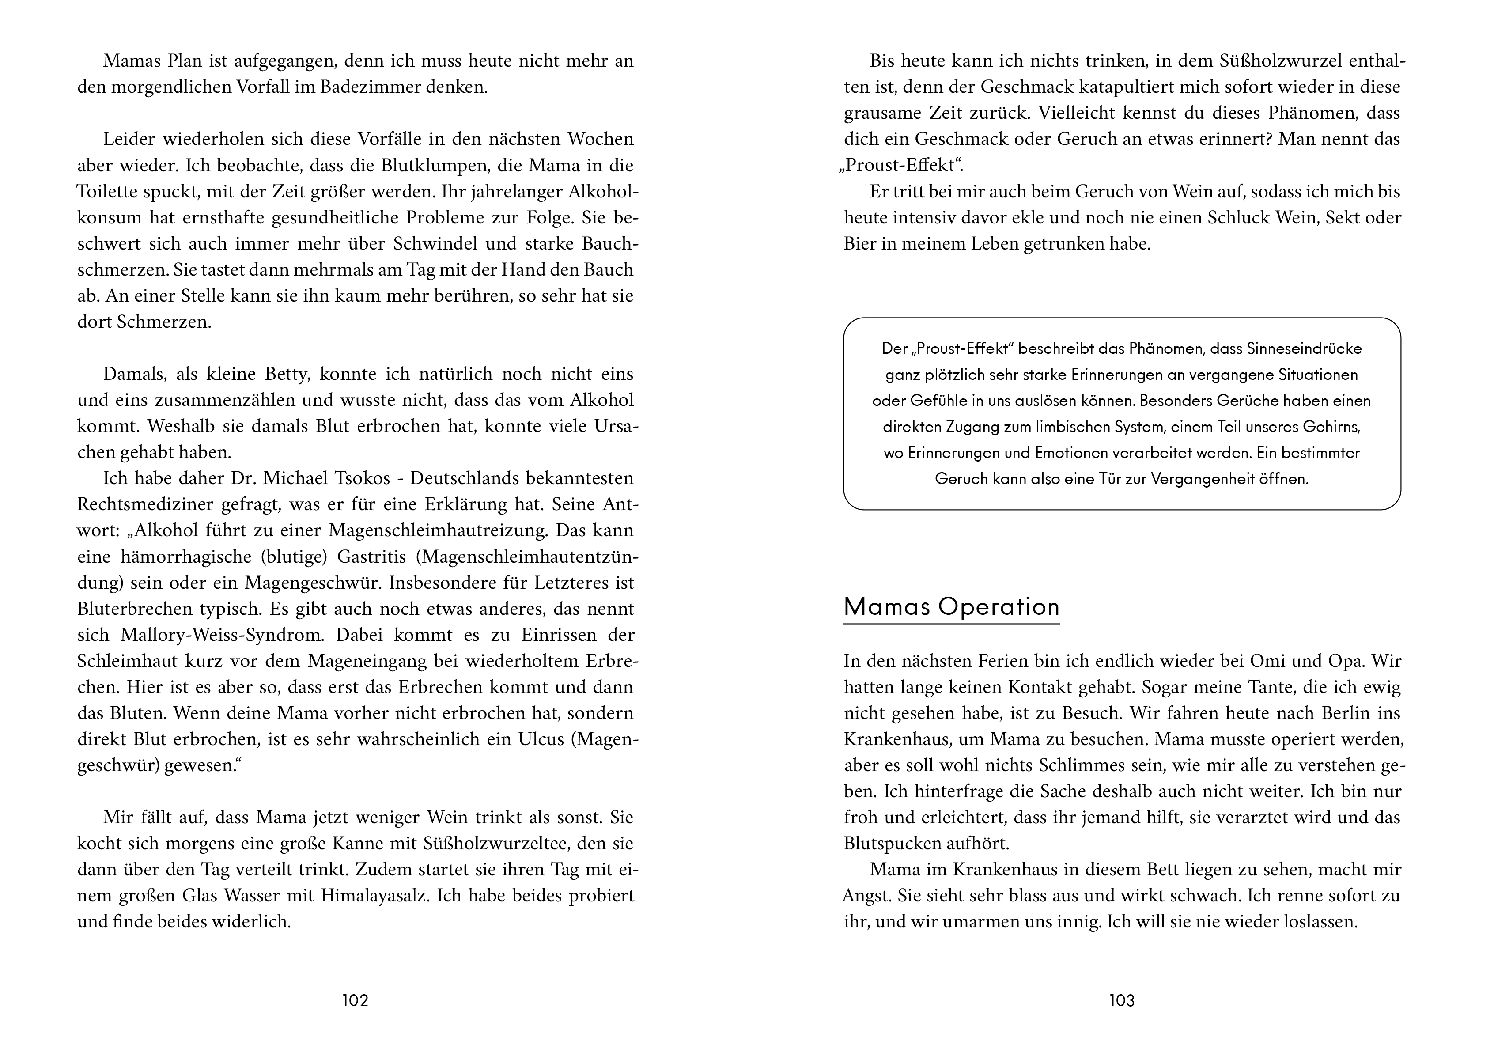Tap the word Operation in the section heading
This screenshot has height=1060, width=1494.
[x=999, y=607]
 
